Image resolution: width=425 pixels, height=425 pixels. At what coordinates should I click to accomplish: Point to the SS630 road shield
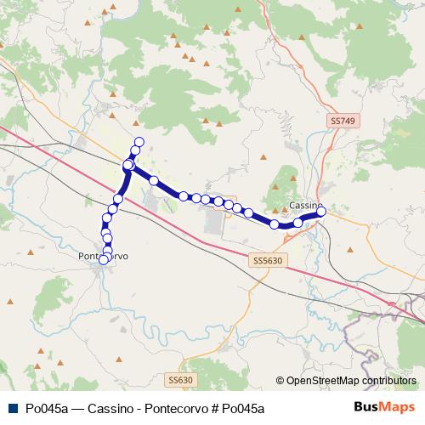tap(179, 379)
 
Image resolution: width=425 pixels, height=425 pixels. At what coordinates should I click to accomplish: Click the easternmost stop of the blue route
tap(321, 212)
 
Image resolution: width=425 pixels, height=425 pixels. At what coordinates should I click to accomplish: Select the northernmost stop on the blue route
tap(139, 141)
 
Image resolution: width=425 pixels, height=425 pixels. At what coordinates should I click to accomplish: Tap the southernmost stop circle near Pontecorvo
tap(104, 260)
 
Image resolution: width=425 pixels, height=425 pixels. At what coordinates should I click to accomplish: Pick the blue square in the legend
tap(11, 408)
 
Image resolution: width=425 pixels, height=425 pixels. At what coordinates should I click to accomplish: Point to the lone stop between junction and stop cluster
tap(154, 180)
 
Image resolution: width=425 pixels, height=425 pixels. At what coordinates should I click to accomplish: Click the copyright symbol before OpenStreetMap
tap(280, 381)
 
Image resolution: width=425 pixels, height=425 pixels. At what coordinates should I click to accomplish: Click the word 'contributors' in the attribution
tap(388, 381)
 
